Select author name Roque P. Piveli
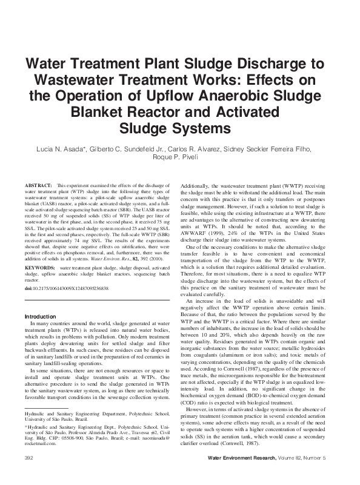point(180,158)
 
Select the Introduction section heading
point(40,316)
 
